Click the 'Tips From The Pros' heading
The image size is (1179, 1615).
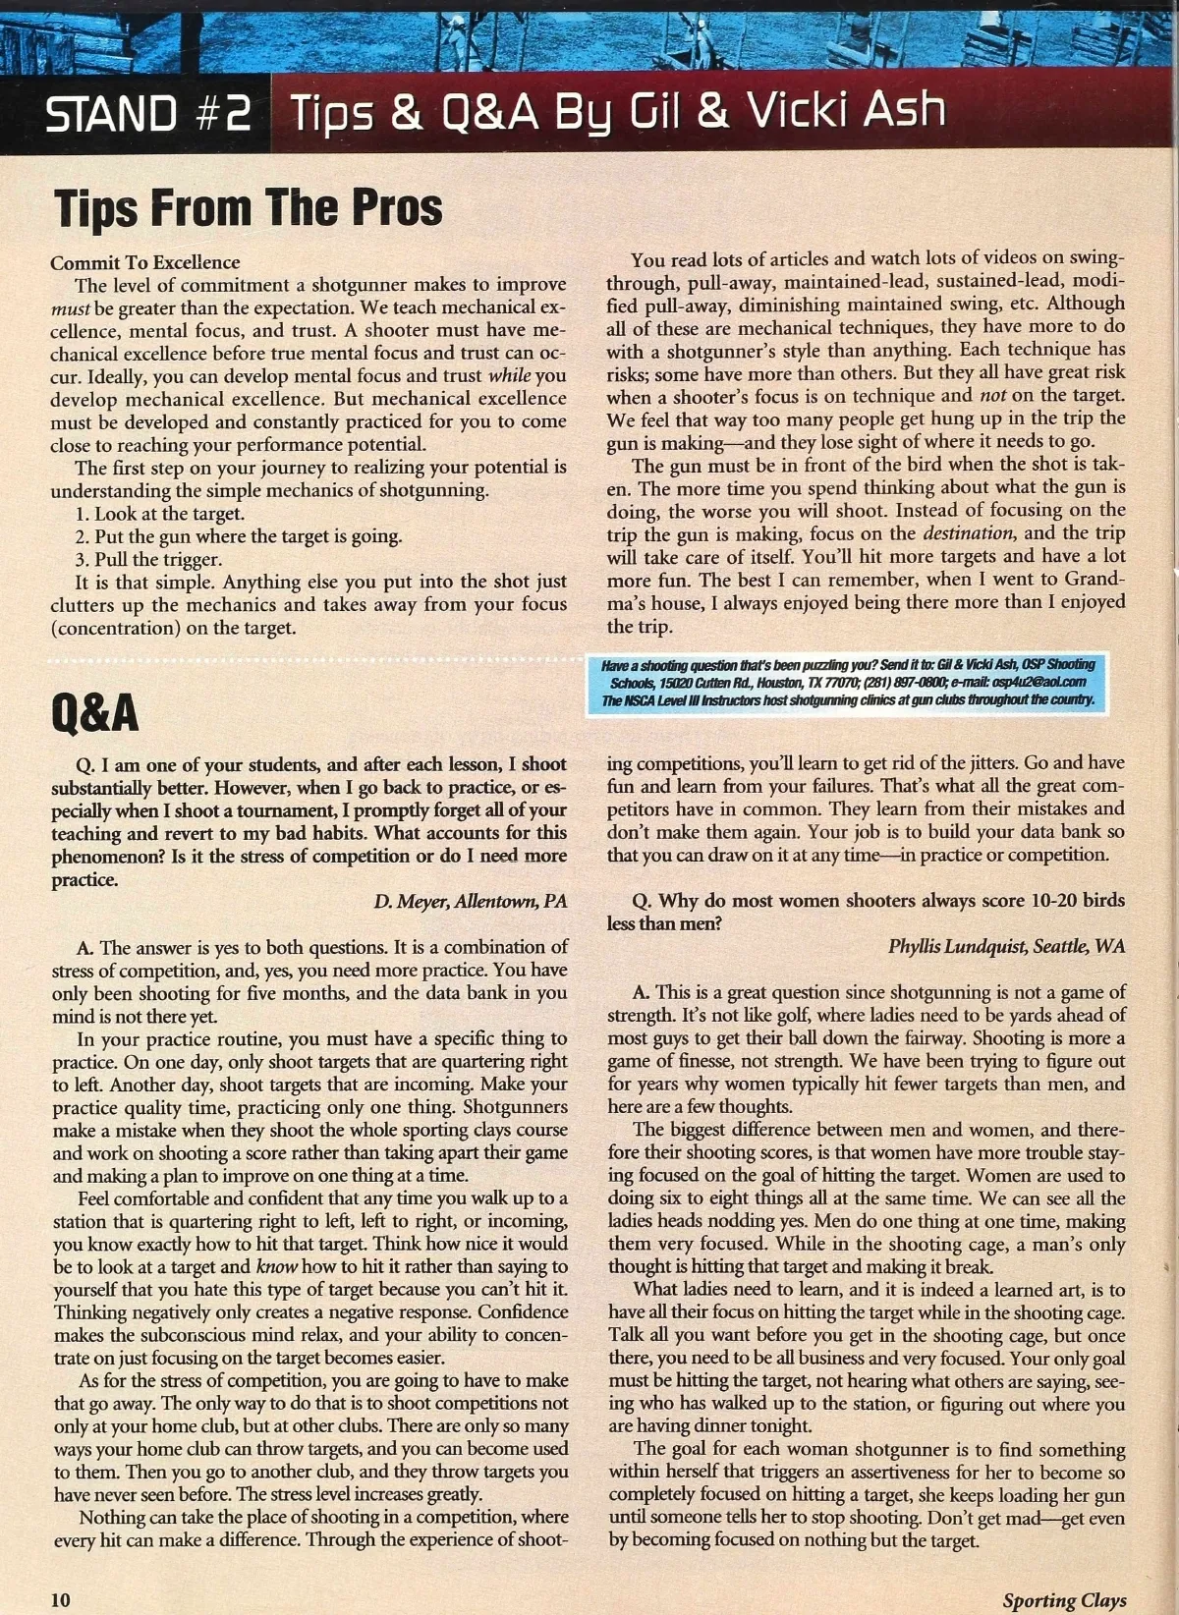[248, 207]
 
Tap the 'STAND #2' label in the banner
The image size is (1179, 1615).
[148, 115]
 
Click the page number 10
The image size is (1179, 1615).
[61, 1599]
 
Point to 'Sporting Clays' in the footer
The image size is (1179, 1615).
[1064, 1599]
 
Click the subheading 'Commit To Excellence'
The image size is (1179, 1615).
[145, 262]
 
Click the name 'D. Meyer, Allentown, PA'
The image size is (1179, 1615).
[471, 901]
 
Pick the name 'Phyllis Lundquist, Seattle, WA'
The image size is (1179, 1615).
[1006, 946]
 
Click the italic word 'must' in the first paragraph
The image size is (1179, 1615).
[70, 307]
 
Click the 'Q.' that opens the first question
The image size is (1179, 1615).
[86, 764]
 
